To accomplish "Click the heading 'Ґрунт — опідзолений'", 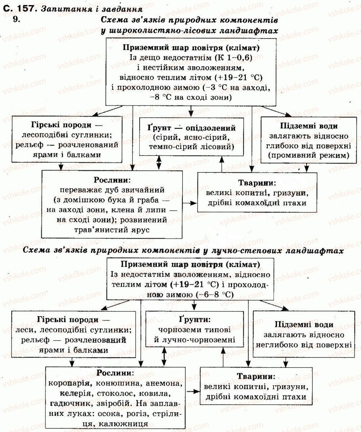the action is pos(191,128).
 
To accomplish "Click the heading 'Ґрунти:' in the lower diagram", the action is pos(195,320).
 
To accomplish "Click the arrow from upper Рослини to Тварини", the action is pos(190,203).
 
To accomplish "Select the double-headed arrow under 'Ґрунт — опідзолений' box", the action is pos(159,163).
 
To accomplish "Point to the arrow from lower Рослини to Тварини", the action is pos(193,391).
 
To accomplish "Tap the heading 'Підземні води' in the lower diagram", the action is pos(304,324).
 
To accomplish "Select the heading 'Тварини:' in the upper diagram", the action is pos(257,183).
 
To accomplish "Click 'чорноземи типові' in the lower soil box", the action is pos(194,329).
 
